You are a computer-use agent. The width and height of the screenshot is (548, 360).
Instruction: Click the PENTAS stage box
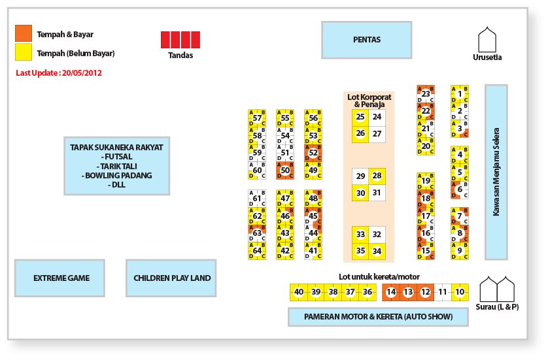366,40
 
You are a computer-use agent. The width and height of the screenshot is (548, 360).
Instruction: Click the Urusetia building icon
487,41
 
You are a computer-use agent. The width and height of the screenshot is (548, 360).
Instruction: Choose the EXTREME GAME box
61,278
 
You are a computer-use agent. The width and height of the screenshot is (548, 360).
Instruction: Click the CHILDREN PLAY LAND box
172,278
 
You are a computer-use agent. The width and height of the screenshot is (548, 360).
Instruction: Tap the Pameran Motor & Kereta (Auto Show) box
378,317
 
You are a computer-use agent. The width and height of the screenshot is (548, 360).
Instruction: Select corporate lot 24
377,117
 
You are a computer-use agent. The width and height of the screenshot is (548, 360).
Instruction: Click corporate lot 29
360,176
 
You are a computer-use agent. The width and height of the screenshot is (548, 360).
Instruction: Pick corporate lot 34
377,251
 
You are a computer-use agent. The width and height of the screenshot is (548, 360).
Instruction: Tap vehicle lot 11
443,292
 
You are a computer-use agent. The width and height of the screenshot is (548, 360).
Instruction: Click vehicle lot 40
298,292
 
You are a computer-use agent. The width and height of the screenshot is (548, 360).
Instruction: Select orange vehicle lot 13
408,292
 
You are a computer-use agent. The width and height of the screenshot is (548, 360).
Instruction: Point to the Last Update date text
58,73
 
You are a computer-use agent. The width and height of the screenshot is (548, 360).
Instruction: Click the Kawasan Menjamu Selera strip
496,172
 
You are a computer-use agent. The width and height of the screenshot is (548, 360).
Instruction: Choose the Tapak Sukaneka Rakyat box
116,166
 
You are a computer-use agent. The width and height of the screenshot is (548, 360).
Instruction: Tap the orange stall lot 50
284,171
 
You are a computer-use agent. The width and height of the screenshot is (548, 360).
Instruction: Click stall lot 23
426,94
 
